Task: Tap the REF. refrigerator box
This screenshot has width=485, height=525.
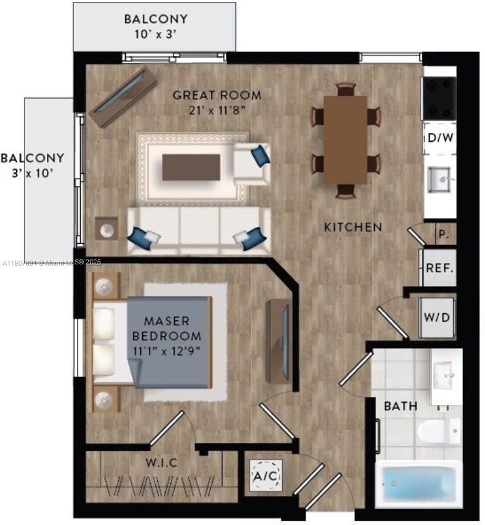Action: [439, 267]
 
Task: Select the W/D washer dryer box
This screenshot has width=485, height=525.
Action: [437, 317]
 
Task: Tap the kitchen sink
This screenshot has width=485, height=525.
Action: [441, 179]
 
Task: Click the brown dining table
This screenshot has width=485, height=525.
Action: [345, 140]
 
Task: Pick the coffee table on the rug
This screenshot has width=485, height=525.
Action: [191, 167]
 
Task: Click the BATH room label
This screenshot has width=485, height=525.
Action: [401, 406]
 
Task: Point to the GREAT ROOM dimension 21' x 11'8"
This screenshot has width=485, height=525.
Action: [217, 110]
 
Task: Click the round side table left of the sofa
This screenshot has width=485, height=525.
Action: [106, 229]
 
